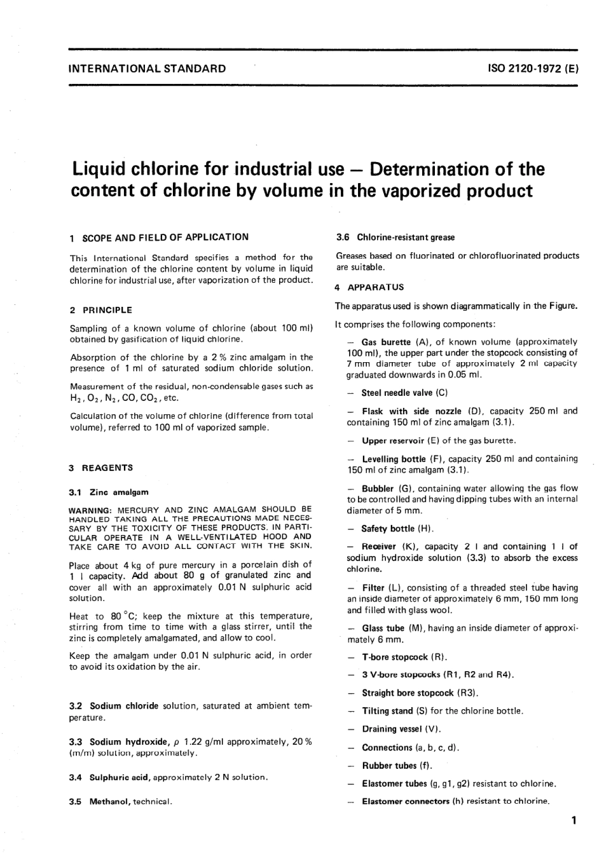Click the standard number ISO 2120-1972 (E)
[533, 68]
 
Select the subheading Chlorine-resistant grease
[406, 238]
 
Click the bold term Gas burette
[386, 342]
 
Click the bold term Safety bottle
[388, 529]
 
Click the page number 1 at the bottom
[573, 820]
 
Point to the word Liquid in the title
[99, 170]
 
